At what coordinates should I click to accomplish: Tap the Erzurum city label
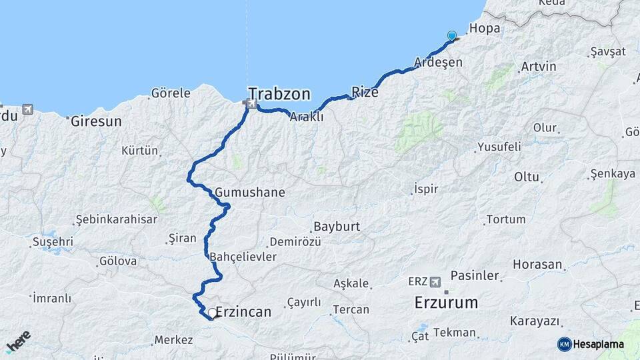pos(446,303)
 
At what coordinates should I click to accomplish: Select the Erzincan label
pos(243,311)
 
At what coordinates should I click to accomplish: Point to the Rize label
pos(365,93)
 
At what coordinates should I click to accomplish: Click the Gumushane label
pos(250,193)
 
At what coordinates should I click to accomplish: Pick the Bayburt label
pos(337,227)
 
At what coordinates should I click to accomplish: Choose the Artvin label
pos(539,67)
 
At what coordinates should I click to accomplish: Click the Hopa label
pos(485,29)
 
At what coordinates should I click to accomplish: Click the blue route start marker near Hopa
pos(452,36)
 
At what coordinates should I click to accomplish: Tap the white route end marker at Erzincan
pos(212,312)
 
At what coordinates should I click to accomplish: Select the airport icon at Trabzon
pos(251,103)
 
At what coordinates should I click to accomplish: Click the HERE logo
pos(19,341)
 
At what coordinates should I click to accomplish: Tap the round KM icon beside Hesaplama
pos(565,344)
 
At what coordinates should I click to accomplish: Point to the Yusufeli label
pos(499,147)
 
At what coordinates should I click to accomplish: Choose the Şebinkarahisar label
pos(116,219)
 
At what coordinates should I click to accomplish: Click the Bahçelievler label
pos(243,257)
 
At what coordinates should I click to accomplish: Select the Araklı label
pos(306,117)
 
